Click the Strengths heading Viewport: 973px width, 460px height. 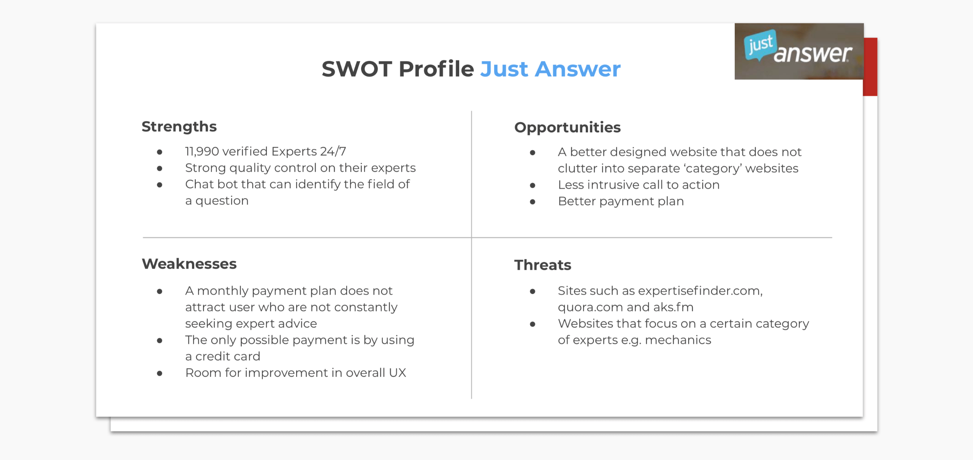click(x=179, y=127)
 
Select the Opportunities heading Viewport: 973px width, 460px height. click(x=567, y=128)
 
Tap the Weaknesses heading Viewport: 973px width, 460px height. click(x=189, y=264)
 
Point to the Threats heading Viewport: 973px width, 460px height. click(x=543, y=265)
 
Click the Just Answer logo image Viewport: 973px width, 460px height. click(x=799, y=51)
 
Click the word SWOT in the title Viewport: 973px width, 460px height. click(x=357, y=69)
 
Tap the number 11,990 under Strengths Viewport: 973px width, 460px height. click(x=202, y=152)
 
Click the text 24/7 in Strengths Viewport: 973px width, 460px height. click(x=333, y=151)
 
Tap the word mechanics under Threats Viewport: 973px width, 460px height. click(x=678, y=340)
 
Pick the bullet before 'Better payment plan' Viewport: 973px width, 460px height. click(x=532, y=202)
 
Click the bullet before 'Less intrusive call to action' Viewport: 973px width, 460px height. click(x=532, y=186)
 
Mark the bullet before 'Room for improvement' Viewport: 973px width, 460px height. click(x=160, y=374)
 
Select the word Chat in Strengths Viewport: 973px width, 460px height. click(x=200, y=184)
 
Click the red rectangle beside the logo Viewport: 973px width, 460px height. click(x=870, y=67)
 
